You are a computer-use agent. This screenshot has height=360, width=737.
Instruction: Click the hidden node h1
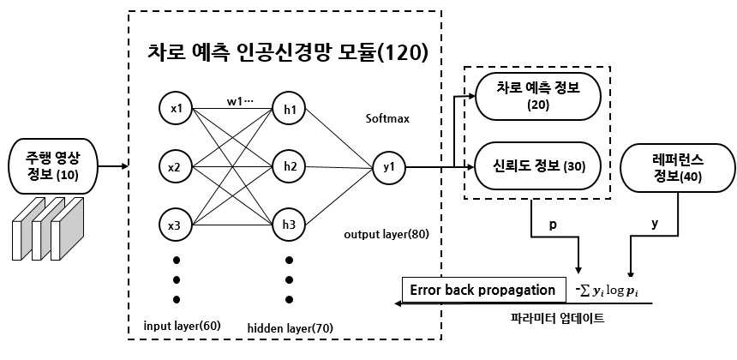(289, 109)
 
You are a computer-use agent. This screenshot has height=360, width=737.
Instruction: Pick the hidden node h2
(289, 166)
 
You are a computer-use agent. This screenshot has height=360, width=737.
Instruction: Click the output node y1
(388, 166)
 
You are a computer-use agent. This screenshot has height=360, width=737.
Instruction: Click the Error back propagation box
(483, 290)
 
